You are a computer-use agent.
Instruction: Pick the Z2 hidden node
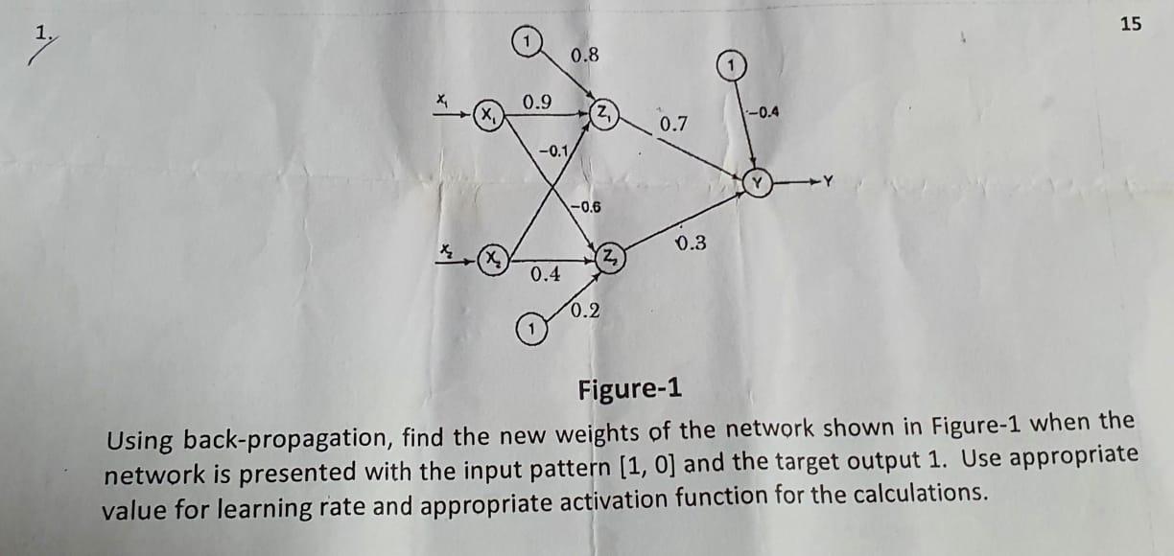[x=610, y=257]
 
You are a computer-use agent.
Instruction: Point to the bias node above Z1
[x=526, y=41]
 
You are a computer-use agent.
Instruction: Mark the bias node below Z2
[x=528, y=330]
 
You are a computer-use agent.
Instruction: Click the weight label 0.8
[x=584, y=56]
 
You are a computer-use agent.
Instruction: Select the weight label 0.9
[x=536, y=102]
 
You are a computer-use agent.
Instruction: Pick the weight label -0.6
[x=584, y=207]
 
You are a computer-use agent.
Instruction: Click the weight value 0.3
[x=691, y=243]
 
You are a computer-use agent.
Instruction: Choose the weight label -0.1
[x=553, y=151]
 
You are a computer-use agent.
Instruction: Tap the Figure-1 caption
[x=629, y=390]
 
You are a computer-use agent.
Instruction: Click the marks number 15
[x=1130, y=25]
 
